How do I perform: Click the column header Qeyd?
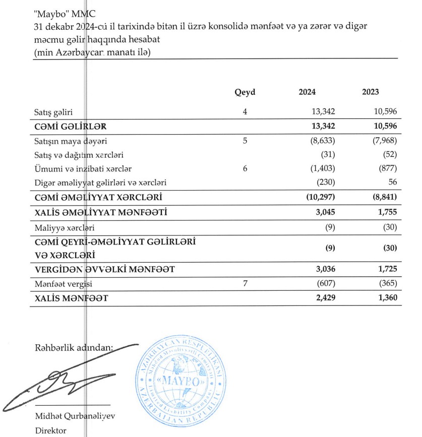point(245,92)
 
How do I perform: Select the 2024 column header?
point(307,92)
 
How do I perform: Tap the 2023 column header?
point(371,92)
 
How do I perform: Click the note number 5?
point(245,141)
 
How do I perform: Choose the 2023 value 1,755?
point(386,212)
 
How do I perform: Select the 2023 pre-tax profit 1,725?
point(386,270)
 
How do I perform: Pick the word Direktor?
point(50,431)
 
